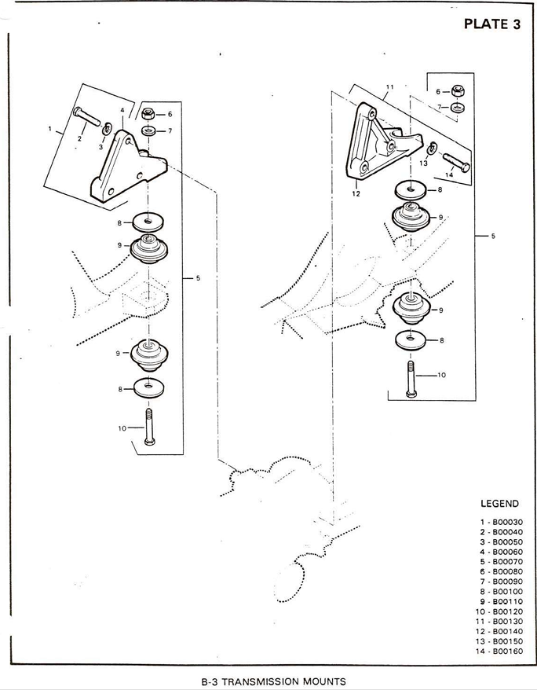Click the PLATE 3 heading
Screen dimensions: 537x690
point(492,24)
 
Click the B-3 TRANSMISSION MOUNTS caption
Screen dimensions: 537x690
point(273,681)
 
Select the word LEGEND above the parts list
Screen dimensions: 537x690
point(499,504)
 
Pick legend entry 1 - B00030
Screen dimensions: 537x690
point(502,523)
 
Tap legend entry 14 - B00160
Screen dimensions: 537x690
point(499,651)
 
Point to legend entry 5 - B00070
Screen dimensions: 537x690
point(502,562)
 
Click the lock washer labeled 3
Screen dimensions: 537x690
point(106,130)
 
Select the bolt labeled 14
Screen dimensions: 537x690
point(456,162)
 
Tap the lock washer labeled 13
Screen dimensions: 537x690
point(433,149)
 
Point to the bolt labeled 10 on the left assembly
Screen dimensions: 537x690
point(149,427)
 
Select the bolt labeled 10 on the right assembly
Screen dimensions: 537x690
point(411,379)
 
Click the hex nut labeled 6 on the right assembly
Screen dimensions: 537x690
point(458,91)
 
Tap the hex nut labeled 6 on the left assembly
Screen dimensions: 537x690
point(148,114)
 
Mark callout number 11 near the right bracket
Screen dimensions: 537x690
point(389,87)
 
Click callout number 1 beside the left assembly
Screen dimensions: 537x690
point(50,129)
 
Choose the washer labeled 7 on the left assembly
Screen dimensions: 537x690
point(148,131)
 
